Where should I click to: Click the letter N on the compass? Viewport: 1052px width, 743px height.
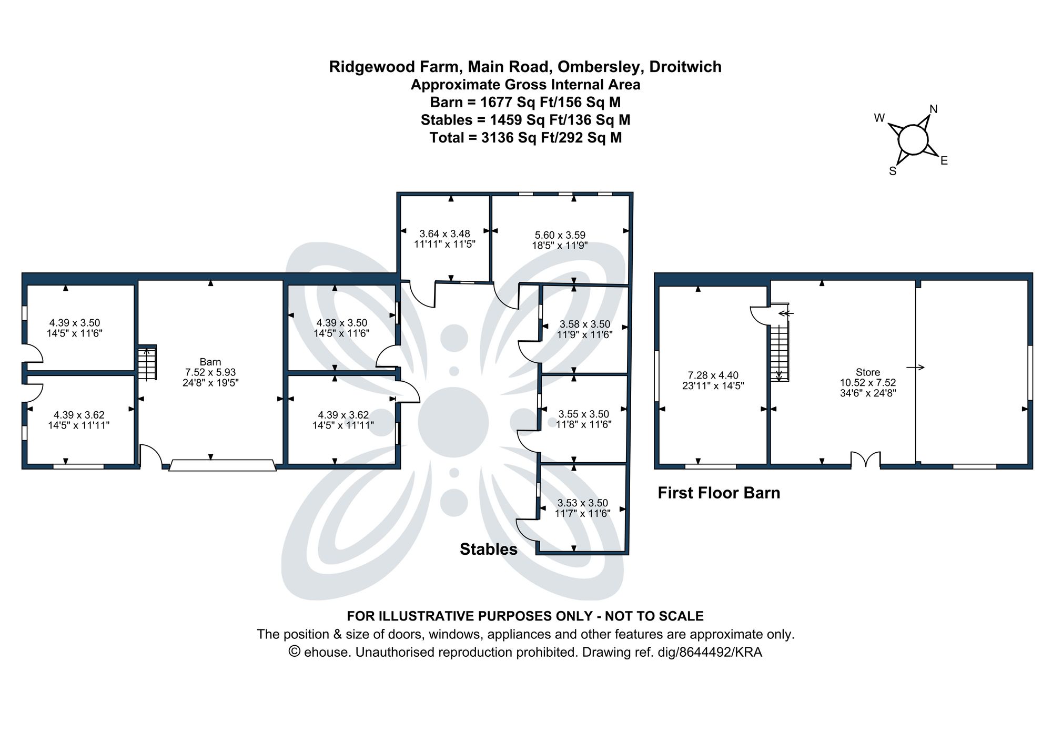934,109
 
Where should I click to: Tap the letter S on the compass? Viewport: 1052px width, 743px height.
893,171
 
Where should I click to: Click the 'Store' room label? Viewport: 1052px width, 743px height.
867,372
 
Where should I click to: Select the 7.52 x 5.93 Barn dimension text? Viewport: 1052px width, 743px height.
210,372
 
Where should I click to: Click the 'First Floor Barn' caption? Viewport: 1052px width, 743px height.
719,493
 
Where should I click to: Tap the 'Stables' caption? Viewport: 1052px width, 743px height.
488,549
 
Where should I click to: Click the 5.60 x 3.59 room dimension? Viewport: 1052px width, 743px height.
560,235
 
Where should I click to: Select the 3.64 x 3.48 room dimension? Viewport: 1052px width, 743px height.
444,233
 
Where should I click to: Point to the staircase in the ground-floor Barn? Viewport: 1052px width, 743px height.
147,363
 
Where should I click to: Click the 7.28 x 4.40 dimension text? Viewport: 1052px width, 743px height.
713,375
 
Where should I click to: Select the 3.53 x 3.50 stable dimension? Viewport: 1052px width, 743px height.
582,503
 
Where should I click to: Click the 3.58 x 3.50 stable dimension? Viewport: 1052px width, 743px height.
584,324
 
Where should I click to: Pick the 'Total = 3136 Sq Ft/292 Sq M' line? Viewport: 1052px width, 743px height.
525,138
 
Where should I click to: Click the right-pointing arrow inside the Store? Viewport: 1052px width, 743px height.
915,368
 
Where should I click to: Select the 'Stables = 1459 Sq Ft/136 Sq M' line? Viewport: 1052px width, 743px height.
525,120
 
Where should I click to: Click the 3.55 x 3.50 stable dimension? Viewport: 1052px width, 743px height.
583,414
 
